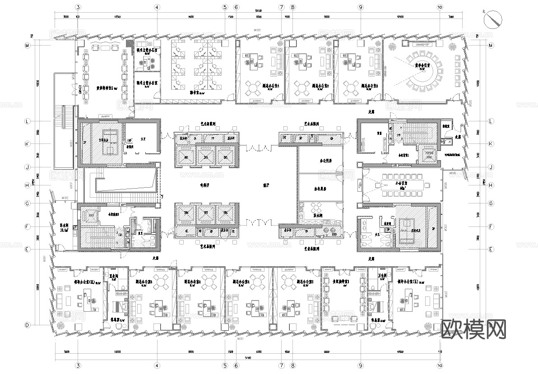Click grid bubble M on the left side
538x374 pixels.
click(x=27, y=46)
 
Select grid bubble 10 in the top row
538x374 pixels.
click(x=440, y=8)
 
